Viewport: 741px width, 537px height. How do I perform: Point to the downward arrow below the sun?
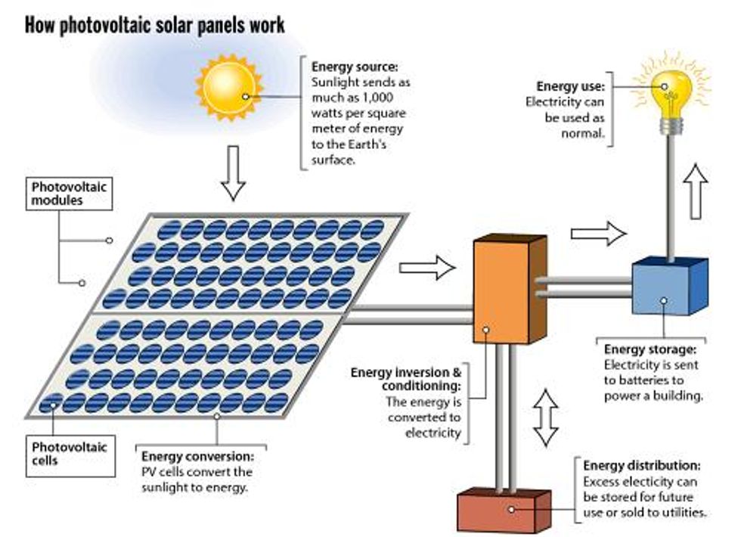234,172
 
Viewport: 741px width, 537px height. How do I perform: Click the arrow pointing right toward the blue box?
598,233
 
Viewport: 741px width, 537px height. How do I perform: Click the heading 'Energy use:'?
566,87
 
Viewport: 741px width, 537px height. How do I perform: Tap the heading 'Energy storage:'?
650,349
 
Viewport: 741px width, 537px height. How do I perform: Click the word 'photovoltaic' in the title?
114,24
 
